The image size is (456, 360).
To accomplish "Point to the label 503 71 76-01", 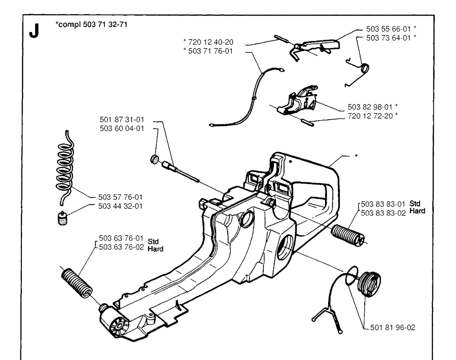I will tap(212, 51).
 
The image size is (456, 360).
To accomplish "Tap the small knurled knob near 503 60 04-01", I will tap(155, 159).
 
